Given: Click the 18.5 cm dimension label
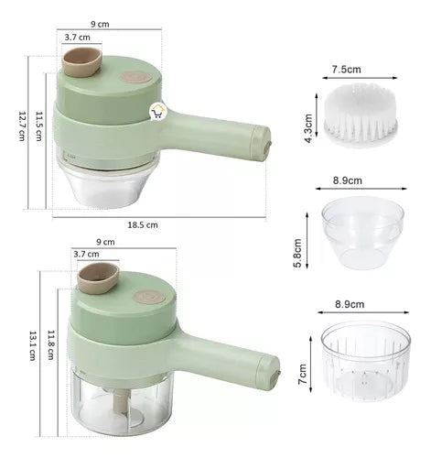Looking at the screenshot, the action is pos(143,225).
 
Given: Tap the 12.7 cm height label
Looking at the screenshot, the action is pos(22,125).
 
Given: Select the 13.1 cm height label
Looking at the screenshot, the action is pos(33,345).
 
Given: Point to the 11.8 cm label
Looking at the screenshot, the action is pos(50,344).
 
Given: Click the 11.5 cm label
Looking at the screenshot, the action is pos(38,126).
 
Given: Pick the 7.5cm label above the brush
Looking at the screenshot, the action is pos(346,70).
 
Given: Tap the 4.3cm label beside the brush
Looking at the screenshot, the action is pos(308,128).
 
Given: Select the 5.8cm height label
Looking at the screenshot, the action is pos(297,253).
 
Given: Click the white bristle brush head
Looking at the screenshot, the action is pos(361,114).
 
